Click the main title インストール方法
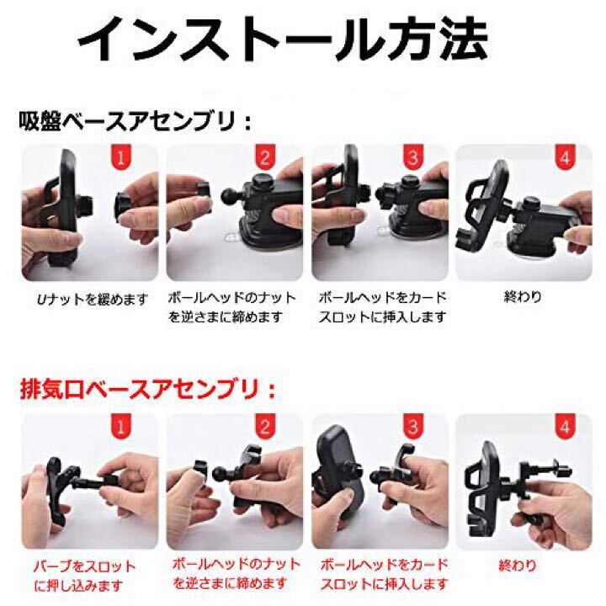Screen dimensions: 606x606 pos(283,40)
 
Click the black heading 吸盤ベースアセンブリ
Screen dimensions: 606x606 pos(128,121)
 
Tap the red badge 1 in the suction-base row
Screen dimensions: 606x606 pos(121,157)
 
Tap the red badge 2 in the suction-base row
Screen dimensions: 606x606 pos(265,157)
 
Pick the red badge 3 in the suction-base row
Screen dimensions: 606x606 pos(413,157)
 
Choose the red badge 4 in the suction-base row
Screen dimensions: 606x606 pos(565,157)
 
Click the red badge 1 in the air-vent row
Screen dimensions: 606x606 pos(121,426)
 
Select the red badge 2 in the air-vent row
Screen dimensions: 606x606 pos(265,426)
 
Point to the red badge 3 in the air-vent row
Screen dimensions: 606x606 pos(413,426)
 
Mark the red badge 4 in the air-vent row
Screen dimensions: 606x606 pos(565,426)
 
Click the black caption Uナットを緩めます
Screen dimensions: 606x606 pos(92,299)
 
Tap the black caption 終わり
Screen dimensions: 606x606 pos(523,297)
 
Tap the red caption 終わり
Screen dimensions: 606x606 pos(518,566)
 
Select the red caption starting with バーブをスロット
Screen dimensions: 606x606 pos(84,576)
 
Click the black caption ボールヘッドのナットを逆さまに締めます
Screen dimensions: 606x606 pos(232,307)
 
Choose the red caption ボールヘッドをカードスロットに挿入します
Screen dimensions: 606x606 pos(384,575)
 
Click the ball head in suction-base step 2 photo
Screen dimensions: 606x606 pos(231,196)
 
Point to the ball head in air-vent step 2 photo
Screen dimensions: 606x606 pos(221,473)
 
